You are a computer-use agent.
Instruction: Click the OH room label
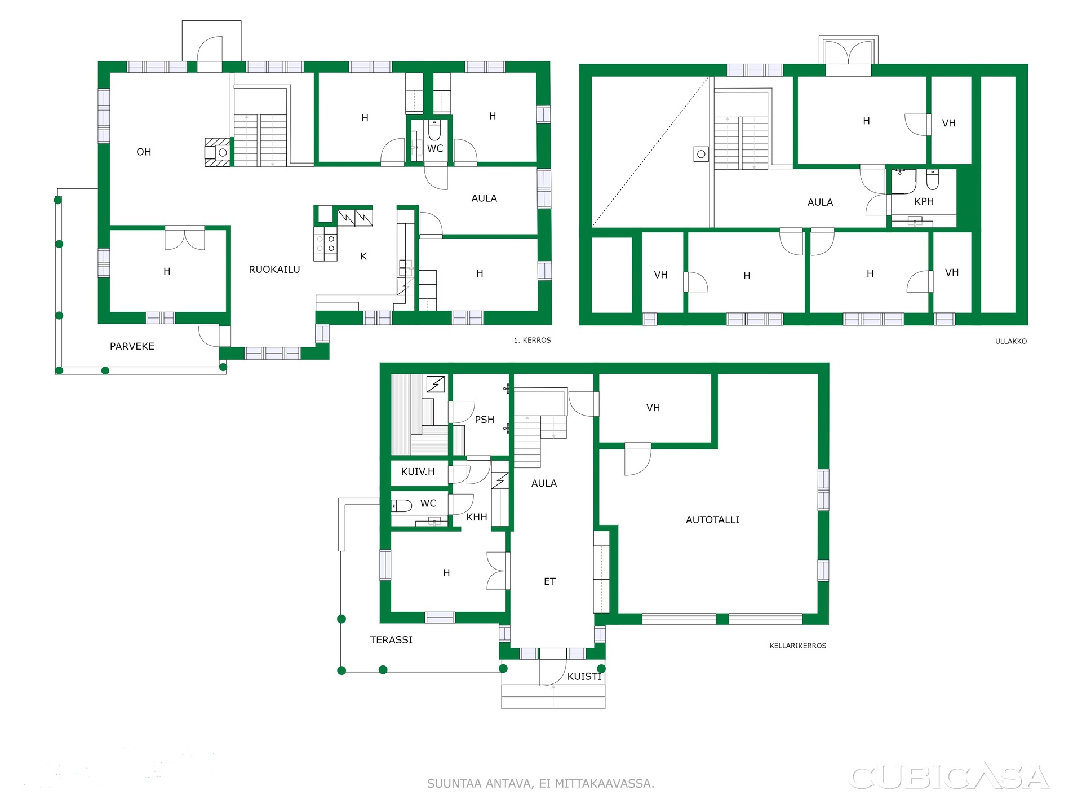point(144,152)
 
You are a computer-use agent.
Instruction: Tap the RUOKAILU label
point(274,270)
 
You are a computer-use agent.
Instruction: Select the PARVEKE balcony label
point(132,346)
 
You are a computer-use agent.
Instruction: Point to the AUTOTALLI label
point(712,520)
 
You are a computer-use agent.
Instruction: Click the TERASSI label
point(391,640)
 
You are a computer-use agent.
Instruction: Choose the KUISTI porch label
point(584,677)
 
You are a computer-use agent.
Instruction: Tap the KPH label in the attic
point(924,201)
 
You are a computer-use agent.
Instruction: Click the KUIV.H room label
point(418,472)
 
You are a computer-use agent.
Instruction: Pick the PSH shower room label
point(484,420)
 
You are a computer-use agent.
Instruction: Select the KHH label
point(477,517)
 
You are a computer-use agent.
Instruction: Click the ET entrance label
point(550,581)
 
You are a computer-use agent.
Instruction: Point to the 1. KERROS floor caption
point(532,340)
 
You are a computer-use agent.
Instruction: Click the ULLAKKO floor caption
point(1011,341)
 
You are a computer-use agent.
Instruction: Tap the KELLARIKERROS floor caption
point(798,646)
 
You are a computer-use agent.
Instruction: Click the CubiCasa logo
point(949,776)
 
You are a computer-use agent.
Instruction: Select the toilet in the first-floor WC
point(434,130)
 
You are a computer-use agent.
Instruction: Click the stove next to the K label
point(326,244)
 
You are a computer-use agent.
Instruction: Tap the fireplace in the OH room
point(218,152)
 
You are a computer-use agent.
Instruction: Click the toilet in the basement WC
point(402,506)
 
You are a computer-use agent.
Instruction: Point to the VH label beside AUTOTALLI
point(653,408)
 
